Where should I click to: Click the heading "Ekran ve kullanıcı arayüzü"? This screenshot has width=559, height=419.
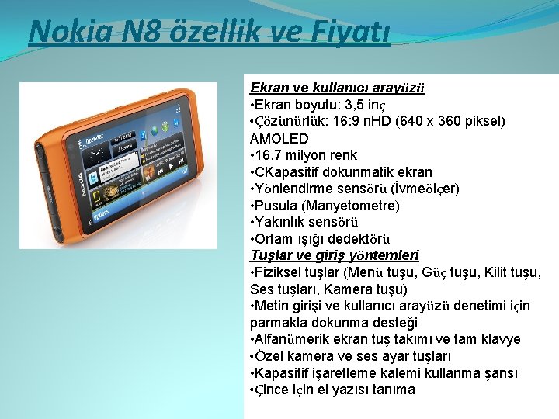click(x=337, y=88)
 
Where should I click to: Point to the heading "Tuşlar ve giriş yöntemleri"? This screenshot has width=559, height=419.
click(x=335, y=255)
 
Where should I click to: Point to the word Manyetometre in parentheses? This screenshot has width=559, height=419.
click(x=353, y=206)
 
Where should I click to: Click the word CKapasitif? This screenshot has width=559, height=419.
click(x=291, y=172)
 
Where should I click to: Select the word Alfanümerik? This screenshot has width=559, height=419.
click(x=297, y=339)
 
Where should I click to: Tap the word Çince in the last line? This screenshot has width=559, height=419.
click(x=273, y=390)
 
